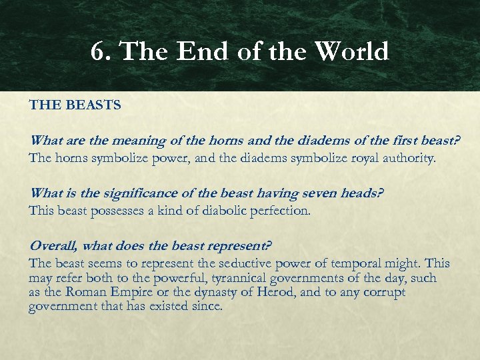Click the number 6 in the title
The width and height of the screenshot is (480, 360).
point(98,51)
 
